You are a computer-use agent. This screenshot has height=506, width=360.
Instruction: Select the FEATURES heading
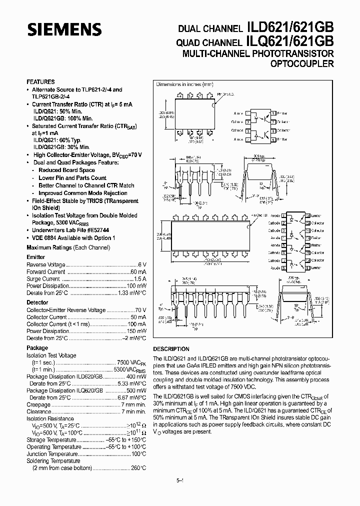coord(40,81)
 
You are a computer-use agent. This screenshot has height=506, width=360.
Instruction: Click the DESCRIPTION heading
coord(171,349)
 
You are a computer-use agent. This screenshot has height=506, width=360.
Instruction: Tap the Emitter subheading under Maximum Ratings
coord(35,257)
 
